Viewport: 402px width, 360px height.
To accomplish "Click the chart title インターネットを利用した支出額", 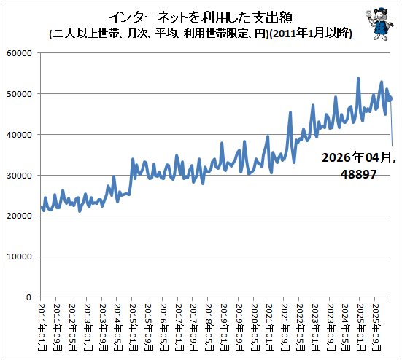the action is coord(201,17).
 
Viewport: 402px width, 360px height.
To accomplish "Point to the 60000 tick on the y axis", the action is coord(19,53).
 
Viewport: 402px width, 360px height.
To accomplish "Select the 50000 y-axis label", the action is coord(19,94).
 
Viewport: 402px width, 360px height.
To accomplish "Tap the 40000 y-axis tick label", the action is coord(19,135).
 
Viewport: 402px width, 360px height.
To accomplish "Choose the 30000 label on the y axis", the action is coord(19,176).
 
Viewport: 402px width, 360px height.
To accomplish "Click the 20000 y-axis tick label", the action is coord(19,216).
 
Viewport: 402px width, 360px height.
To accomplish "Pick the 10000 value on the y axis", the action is coord(19,257).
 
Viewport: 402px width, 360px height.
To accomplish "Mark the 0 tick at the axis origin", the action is coord(28,297).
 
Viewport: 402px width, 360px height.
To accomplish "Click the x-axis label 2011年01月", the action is coord(42,327).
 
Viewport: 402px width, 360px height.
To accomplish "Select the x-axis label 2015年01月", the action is coord(134,327).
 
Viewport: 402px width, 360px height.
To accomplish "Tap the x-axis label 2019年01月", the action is coord(225,327).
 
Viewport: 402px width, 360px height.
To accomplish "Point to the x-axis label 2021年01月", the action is coord(271,327).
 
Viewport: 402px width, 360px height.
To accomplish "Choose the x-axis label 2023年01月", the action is coord(316,327).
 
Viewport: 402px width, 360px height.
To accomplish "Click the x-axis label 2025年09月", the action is coord(376,327).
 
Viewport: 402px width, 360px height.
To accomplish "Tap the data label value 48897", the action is coord(358,174).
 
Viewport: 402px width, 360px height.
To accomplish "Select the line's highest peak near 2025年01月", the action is coord(358,78).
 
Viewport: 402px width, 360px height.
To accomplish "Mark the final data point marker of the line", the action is coord(390,98).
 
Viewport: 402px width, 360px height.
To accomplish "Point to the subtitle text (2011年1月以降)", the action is coord(311,34).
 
